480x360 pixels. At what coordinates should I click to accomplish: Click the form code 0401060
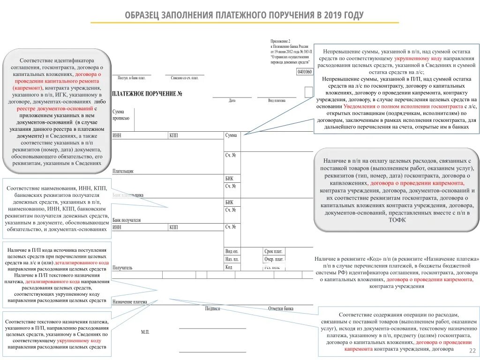coord(305,72)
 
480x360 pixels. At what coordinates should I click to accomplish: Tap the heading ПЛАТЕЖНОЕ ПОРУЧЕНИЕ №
coord(147,94)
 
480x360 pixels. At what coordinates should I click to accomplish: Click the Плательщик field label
coord(123,171)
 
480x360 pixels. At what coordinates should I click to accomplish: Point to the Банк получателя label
coord(127,220)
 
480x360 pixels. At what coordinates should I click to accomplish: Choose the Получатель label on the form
coord(122,268)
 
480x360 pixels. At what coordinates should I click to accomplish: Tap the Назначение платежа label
coord(130,302)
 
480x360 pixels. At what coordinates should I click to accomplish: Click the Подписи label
coord(212,308)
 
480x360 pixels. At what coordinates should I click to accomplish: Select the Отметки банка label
coord(281,308)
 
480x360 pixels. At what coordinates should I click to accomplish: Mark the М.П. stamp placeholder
coord(145,332)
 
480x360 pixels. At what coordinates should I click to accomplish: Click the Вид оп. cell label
coord(232,251)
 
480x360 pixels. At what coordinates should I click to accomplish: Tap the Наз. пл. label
coord(232,259)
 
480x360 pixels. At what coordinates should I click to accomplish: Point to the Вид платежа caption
coord(277,100)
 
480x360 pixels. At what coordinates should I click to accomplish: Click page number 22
coord(472,351)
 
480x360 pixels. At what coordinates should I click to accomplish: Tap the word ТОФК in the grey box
coord(397,220)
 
